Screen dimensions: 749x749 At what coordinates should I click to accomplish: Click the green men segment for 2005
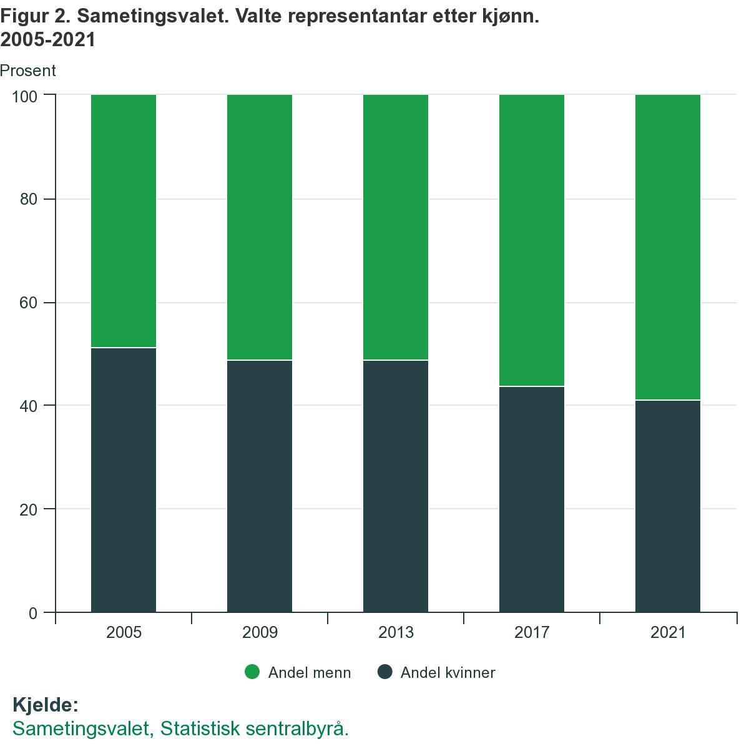124,221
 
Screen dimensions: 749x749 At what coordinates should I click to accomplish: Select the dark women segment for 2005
124,479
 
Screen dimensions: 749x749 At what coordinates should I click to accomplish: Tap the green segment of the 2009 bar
260,227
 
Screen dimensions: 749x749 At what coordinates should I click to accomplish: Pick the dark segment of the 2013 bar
396,486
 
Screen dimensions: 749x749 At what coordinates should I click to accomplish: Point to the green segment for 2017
532,240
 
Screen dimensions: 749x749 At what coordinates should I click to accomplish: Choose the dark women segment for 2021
668,506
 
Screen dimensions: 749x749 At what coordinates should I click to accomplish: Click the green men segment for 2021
668,247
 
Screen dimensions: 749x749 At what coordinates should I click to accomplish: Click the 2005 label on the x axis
124,632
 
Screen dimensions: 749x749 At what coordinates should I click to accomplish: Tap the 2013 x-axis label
396,632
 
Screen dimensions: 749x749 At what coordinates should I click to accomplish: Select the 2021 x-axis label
668,632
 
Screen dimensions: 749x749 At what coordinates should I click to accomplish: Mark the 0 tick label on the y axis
32,614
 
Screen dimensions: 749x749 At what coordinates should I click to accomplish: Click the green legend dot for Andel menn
252,672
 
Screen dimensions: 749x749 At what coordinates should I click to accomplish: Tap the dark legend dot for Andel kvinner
385,672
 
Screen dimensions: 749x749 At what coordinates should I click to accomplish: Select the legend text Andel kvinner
448,673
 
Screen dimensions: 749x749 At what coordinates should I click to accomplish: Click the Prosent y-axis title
28,71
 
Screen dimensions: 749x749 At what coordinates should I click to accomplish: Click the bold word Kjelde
46,705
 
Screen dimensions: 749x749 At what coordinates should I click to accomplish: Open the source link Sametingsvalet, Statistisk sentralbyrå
180,728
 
